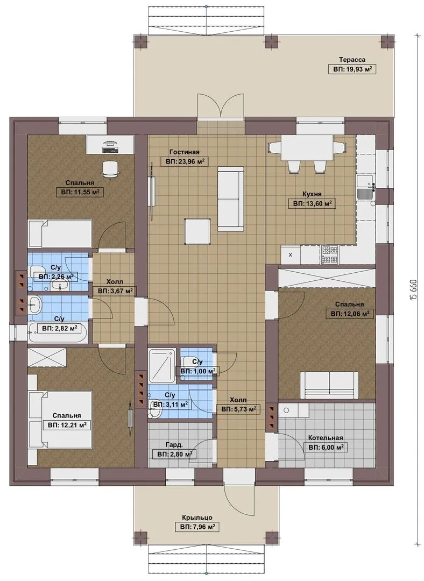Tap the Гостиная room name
tap(184, 152)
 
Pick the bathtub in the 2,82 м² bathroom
tap(58, 332)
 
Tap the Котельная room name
tap(326, 438)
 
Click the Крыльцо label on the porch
tap(197, 518)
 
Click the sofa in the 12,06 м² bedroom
tap(329, 385)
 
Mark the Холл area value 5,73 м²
tap(238, 409)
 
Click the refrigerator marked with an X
tap(291, 255)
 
